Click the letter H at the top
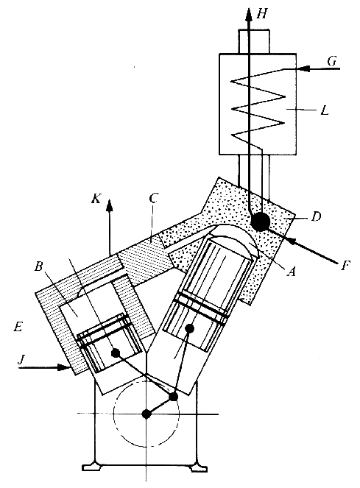point(262,14)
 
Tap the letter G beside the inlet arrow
point(332,61)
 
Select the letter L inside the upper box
point(325,111)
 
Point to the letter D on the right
point(316,216)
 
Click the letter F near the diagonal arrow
point(344,266)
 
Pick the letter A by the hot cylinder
point(291,272)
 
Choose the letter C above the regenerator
point(154,198)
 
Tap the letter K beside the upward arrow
point(96,198)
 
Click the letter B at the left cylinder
point(38,266)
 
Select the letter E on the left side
point(18,327)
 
